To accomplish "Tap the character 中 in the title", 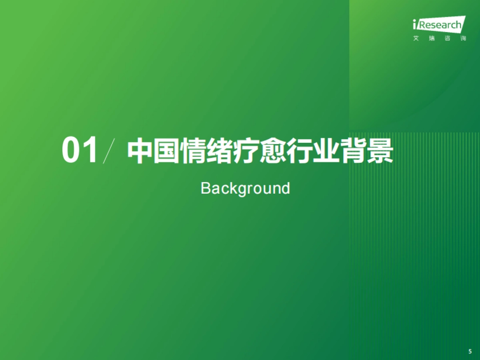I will [140, 152].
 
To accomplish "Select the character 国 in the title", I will [166, 152].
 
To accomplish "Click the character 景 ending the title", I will [380, 152].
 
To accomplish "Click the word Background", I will [245, 188].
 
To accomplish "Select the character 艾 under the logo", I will [416, 39].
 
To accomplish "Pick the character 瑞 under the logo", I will [432, 39].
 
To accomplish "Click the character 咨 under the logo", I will [448, 39].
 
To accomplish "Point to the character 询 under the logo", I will [463, 39].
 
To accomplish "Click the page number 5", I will [470, 352].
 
